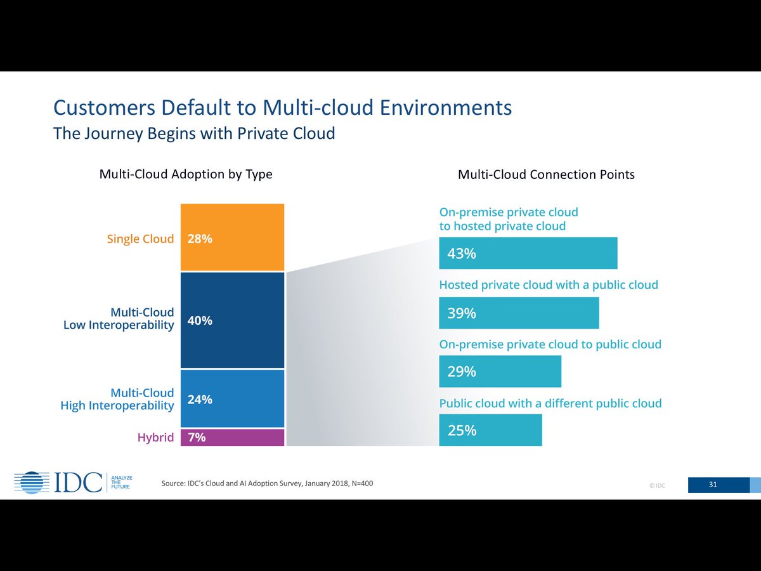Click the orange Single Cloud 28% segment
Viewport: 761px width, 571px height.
point(232,237)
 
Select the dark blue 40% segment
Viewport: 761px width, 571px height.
point(232,320)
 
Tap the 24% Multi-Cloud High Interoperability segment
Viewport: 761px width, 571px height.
point(232,398)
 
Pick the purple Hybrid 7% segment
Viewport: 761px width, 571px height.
point(232,437)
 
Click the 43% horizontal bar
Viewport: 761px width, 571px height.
point(528,253)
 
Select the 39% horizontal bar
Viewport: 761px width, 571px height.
point(519,313)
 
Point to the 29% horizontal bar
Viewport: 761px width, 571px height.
point(500,371)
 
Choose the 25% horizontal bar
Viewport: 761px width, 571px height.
point(490,430)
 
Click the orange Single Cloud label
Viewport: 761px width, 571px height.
point(140,239)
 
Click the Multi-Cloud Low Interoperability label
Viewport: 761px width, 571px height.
point(119,319)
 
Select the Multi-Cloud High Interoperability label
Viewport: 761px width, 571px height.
point(117,399)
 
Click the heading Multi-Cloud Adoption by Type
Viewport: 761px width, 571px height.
point(186,174)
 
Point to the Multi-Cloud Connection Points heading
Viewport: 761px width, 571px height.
point(546,174)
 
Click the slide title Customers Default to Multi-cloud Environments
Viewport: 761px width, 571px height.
point(282,107)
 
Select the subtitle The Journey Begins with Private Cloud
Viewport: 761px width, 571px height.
point(194,134)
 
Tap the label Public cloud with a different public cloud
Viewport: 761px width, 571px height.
point(550,404)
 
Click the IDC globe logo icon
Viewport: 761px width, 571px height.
point(32,483)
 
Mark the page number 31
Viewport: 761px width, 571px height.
point(713,485)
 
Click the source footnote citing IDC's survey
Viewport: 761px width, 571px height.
point(267,483)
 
